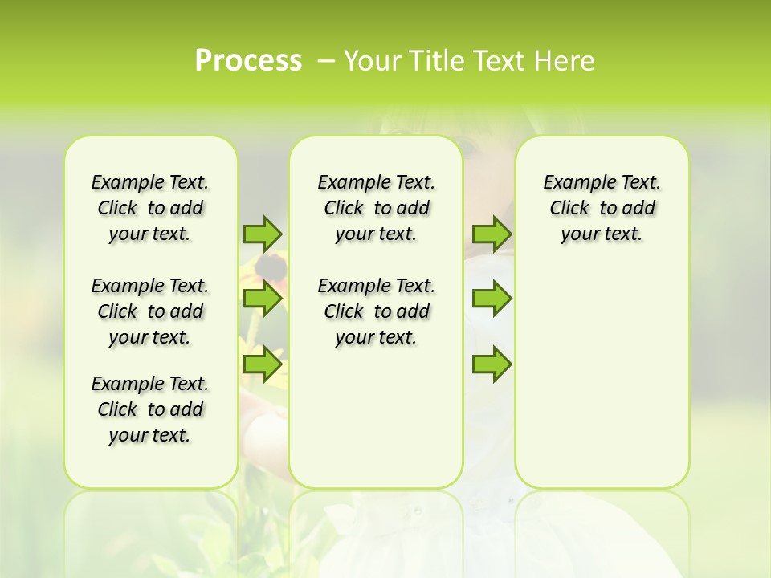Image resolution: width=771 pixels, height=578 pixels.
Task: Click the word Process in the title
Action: (x=248, y=60)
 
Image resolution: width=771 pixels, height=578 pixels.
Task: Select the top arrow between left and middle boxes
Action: (x=263, y=234)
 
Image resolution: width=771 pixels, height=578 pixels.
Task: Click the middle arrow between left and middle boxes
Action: (x=263, y=299)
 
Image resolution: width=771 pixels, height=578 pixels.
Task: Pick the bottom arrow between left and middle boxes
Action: (x=263, y=364)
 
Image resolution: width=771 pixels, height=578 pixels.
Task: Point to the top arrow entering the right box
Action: (x=492, y=234)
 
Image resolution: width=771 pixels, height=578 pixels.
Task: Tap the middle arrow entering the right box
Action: (x=492, y=299)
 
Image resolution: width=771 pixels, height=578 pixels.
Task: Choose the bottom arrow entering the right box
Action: (x=492, y=364)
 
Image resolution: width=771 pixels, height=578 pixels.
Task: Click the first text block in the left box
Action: (x=150, y=208)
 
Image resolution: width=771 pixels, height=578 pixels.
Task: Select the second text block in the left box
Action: (x=150, y=311)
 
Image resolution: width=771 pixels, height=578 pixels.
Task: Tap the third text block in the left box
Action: (x=150, y=409)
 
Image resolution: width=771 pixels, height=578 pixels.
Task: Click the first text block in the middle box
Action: (x=376, y=208)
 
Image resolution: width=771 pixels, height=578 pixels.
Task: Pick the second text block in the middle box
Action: (x=376, y=311)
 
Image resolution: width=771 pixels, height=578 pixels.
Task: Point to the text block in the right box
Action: (x=602, y=208)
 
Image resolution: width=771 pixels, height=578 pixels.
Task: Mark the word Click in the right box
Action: (x=569, y=209)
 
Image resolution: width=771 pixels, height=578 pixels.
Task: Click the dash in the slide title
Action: (x=326, y=60)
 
